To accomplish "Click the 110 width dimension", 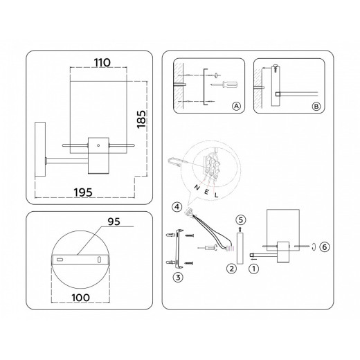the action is [102, 62].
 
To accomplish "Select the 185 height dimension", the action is [141, 119].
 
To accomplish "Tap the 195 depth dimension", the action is [83, 192].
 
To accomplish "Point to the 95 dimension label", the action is [114, 222].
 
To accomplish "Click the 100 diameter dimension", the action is [80, 298].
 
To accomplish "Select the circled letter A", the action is [236, 106].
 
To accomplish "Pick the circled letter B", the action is [316, 107].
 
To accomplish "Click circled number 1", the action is [254, 269].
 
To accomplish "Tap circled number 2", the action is [232, 269].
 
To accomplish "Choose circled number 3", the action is [178, 277].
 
